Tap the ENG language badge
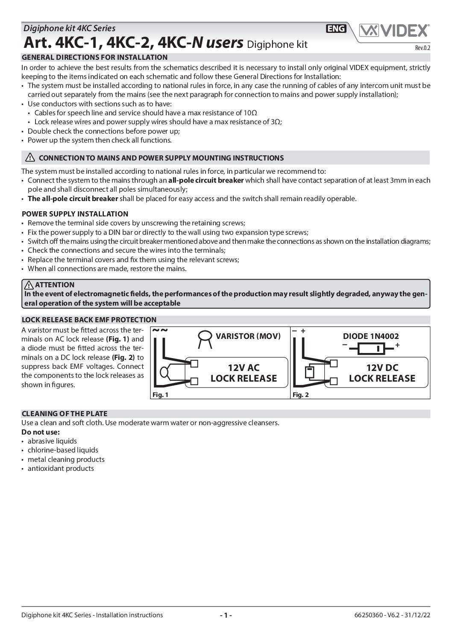coord(336,29)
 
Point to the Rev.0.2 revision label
coord(423,48)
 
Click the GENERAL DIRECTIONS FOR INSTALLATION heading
coord(94,57)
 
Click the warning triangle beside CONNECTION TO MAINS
coord(30,158)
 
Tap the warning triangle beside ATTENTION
coord(29,285)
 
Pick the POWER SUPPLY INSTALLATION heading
coord(75,214)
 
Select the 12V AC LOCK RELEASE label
coord(244,373)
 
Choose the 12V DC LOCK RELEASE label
coord(382,373)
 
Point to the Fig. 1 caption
coord(160,395)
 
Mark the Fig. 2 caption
coord(300,395)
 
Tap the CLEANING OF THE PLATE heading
coord(65,414)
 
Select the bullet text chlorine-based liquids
coord(63,450)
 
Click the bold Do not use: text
coord(41,432)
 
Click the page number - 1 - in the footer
coord(226,615)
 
